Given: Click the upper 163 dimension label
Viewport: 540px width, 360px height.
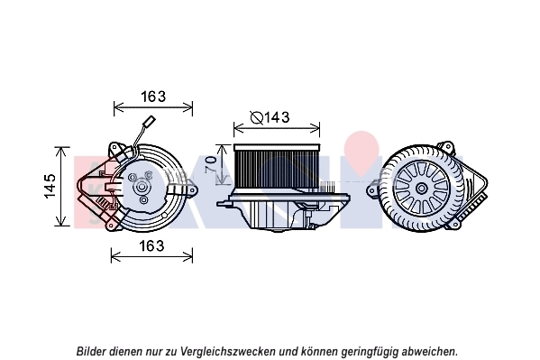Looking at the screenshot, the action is pos(153,97).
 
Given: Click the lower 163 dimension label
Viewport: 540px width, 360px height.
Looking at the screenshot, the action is pos(151,246).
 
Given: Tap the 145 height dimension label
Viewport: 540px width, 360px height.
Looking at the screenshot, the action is pos(50,186).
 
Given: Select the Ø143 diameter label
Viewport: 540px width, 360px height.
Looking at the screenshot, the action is pos(270,117).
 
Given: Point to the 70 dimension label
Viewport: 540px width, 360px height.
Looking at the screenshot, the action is pos(211,164).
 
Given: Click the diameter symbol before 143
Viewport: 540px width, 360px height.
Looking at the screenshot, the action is pos(257,117).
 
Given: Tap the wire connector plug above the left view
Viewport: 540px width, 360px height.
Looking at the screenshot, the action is pos(151,122).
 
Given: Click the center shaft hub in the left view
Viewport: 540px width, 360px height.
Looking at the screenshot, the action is pos(142,188).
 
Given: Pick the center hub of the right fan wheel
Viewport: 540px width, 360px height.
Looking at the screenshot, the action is pos(421,189).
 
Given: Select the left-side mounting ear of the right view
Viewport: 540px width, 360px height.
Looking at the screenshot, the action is pos(372,190).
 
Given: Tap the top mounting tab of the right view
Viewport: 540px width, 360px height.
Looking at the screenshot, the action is pos(446,147).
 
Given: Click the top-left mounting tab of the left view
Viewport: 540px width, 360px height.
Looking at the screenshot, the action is pos(115,149).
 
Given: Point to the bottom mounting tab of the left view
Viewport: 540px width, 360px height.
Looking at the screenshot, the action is pos(111,226).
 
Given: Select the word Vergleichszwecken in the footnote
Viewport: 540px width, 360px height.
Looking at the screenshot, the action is pos(228,352).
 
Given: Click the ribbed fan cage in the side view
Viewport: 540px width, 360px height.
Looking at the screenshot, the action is pos(276,167).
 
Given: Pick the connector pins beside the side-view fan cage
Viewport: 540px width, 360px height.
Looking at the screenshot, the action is pos(327,187).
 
